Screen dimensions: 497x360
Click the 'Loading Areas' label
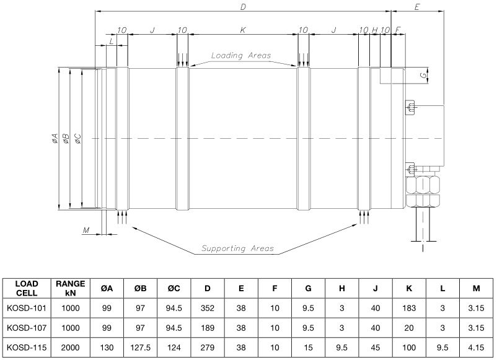[241, 56]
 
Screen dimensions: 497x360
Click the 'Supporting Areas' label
[237, 248]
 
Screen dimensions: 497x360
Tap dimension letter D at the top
[243, 7]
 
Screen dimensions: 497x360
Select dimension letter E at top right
[417, 7]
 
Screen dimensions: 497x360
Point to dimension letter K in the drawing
[243, 30]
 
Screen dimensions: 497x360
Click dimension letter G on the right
[423, 76]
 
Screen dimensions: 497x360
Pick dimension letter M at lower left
[86, 230]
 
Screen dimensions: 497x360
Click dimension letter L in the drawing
[112, 41]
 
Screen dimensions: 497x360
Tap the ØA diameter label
[55, 138]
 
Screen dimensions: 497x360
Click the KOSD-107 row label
[27, 328]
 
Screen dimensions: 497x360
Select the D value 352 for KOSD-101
[208, 308]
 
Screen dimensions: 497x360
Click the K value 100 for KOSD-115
[409, 348]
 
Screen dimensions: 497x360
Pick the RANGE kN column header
[71, 288]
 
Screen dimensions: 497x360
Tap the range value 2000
[71, 348]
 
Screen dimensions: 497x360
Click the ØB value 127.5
[141, 348]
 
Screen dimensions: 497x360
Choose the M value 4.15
[476, 348]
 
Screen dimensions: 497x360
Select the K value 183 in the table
[409, 308]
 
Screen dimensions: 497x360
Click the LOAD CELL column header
[27, 288]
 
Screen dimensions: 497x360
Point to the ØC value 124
[174, 348]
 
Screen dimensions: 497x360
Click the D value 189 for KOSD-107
[208, 328]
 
